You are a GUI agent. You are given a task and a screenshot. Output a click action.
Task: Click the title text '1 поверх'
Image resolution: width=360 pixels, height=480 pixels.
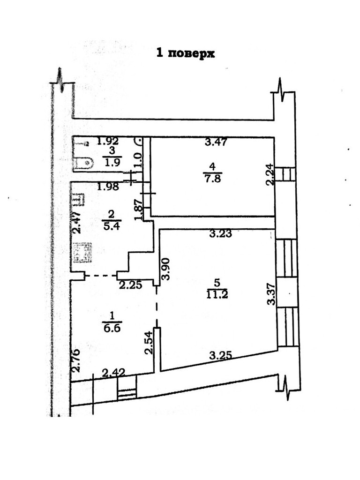pyautogui.click(x=185, y=53)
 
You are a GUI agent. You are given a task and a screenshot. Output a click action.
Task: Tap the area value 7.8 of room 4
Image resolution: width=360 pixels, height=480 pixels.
pyautogui.click(x=213, y=178)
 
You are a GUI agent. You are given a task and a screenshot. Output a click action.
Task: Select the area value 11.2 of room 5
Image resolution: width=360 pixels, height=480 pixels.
pyautogui.click(x=216, y=294)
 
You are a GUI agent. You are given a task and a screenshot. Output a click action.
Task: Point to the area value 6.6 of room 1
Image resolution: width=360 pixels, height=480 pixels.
pyautogui.click(x=112, y=328)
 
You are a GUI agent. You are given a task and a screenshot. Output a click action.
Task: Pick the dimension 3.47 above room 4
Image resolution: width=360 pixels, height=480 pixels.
pyautogui.click(x=216, y=142)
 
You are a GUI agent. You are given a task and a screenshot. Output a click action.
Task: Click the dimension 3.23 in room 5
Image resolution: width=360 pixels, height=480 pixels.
pyautogui.click(x=221, y=234)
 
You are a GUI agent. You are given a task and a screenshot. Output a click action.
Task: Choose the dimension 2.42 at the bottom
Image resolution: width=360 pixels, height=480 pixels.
pyautogui.click(x=113, y=373)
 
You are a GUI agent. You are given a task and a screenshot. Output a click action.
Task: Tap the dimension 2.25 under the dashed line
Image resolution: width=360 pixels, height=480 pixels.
pyautogui.click(x=130, y=285)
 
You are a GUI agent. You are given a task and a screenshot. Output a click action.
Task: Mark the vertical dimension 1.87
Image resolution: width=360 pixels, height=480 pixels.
pyautogui.click(x=138, y=210)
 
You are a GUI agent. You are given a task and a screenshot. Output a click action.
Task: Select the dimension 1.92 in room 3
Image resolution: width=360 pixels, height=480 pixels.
pyautogui.click(x=108, y=140)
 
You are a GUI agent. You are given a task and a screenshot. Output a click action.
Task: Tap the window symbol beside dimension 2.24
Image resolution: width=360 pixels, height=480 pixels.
pyautogui.click(x=285, y=174)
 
